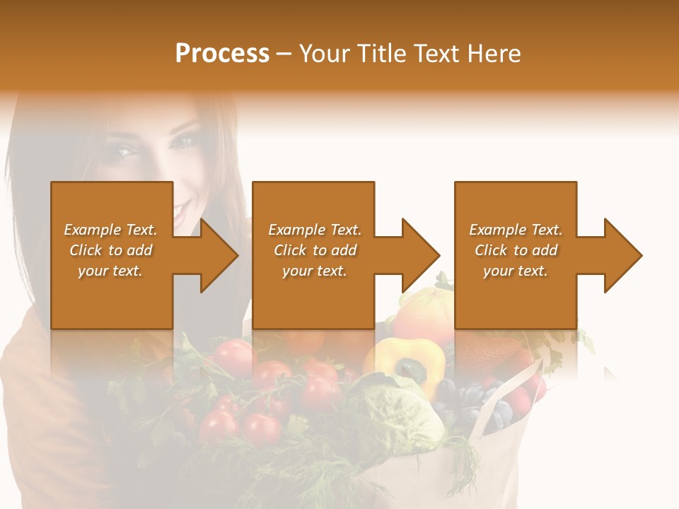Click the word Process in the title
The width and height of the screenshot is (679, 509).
tap(222, 54)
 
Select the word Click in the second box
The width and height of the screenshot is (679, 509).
tap(291, 250)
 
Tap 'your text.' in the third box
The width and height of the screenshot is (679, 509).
tap(515, 271)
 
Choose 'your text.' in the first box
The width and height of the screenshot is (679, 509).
tap(110, 271)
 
